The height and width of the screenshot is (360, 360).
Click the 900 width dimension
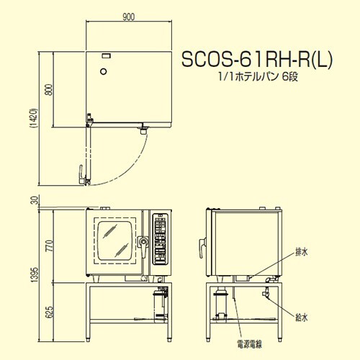(128, 17)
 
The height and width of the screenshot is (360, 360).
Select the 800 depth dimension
(49, 89)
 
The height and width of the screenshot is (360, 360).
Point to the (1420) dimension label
(35, 119)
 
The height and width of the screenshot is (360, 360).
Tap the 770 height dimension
(49, 246)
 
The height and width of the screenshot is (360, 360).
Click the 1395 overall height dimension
(35, 275)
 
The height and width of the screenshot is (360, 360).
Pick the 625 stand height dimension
(49, 312)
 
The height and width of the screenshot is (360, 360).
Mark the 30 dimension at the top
(35, 200)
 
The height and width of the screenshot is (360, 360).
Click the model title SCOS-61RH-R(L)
(257, 59)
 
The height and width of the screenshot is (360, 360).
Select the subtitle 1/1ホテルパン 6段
(258, 77)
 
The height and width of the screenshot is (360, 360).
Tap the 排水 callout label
(301, 252)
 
